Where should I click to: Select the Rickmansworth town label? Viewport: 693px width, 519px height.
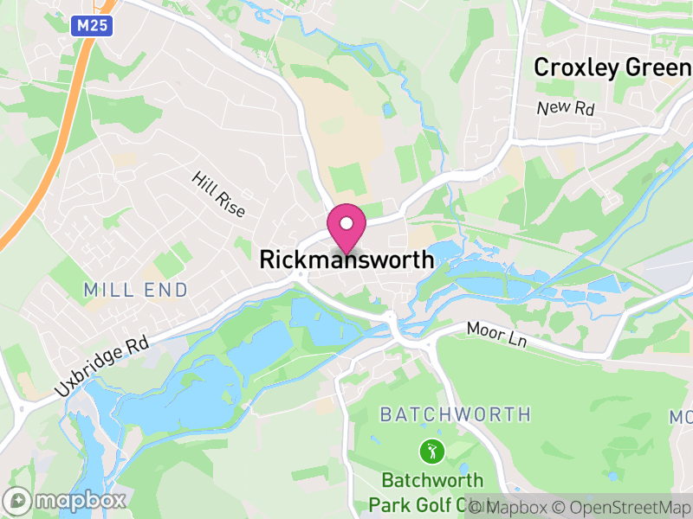click(x=346, y=259)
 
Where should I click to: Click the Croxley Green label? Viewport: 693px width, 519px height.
click(x=612, y=67)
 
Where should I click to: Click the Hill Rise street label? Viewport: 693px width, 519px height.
click(x=219, y=194)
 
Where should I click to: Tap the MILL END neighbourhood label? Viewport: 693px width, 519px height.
click(x=136, y=291)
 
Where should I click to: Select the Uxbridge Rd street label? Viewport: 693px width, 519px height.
click(x=101, y=367)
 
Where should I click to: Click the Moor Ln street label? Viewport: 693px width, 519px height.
click(x=496, y=336)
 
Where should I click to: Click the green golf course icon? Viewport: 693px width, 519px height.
click(x=431, y=450)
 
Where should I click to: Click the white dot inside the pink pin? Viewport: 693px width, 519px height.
click(x=346, y=223)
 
